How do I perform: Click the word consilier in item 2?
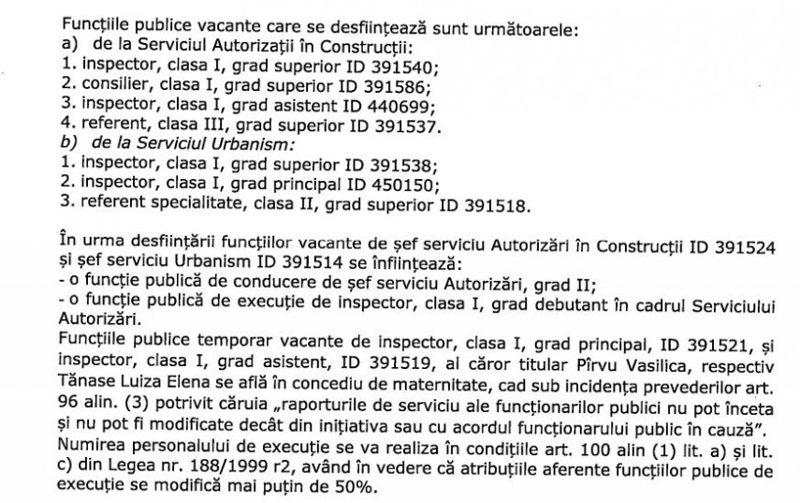click(107, 86)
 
